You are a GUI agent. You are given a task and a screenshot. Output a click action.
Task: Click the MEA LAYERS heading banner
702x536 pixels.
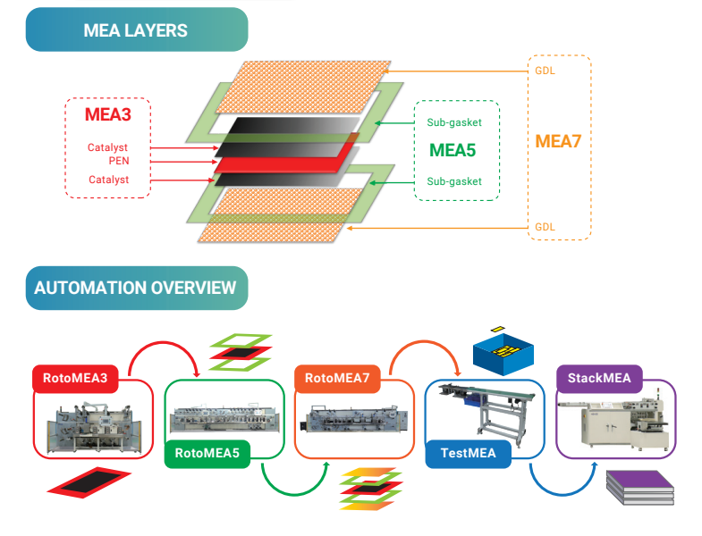click(x=136, y=30)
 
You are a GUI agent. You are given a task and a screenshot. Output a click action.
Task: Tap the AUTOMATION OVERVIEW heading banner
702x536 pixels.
click(x=136, y=289)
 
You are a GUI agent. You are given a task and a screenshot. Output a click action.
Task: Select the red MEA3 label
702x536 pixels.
click(x=107, y=115)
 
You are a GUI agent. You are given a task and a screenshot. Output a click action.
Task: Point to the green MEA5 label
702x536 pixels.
click(x=452, y=149)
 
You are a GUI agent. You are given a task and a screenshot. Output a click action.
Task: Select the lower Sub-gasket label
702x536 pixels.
click(x=454, y=181)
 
